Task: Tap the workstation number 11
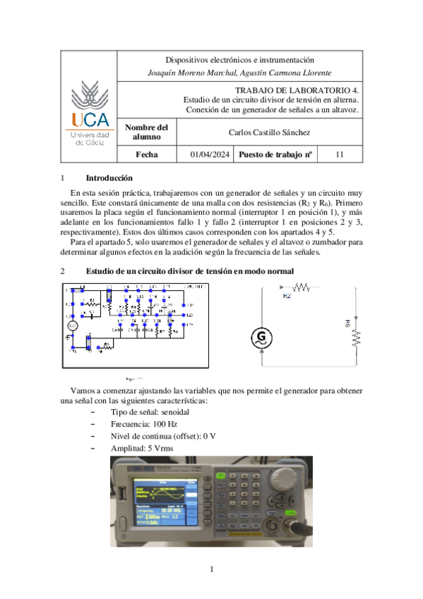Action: [x=340, y=154]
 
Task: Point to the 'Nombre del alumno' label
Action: [x=147, y=132]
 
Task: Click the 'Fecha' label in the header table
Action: [x=147, y=154]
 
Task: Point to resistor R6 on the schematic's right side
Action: [x=356, y=331]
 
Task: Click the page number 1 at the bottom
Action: [x=211, y=569]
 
